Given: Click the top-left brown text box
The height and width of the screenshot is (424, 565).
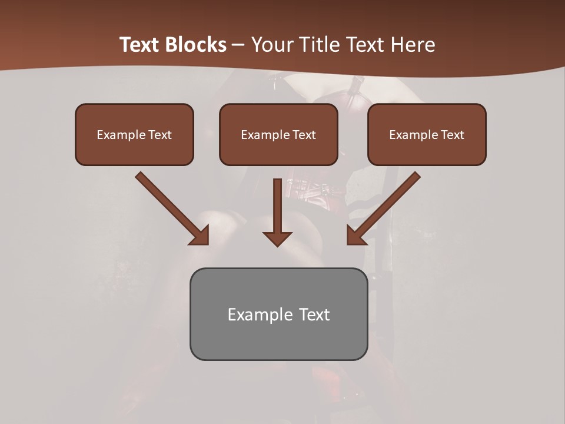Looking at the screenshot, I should [x=134, y=134].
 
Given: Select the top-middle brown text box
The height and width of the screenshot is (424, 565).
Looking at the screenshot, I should [x=278, y=134].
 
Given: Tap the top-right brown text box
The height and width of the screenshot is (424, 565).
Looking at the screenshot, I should [x=427, y=134].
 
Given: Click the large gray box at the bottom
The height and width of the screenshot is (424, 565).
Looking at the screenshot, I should [x=278, y=314].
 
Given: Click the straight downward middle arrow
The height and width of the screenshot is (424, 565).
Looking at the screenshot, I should [x=277, y=212].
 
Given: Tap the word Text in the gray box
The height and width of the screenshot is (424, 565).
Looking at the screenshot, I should [x=315, y=314].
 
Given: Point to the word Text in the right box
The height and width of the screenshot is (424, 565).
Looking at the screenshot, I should [x=453, y=135].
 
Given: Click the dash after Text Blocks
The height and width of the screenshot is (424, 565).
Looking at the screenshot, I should [x=238, y=45].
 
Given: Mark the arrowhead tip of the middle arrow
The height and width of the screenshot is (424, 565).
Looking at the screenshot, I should [x=277, y=246].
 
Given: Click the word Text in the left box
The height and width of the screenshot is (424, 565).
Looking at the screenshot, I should [x=160, y=135].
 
